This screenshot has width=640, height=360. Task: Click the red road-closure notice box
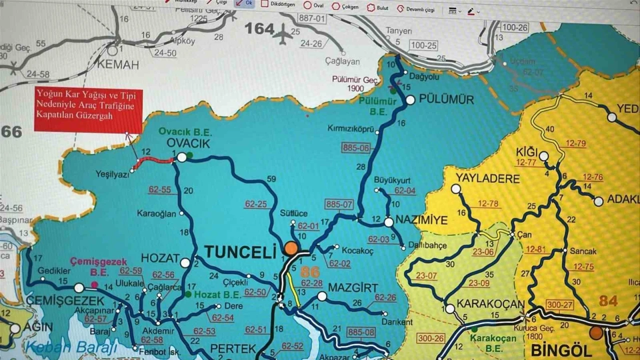tap(88, 110)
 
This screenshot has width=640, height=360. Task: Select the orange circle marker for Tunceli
tap(291, 248)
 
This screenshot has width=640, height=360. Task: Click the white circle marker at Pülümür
tap(410, 100)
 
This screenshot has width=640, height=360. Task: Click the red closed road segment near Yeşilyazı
tap(155, 160)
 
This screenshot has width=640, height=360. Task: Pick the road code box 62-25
tap(255, 204)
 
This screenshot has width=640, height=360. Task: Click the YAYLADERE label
tap(487, 178)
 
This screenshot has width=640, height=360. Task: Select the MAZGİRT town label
tap(352, 287)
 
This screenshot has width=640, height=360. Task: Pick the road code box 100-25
tap(423, 45)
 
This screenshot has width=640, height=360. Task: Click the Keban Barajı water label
tap(71, 347)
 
